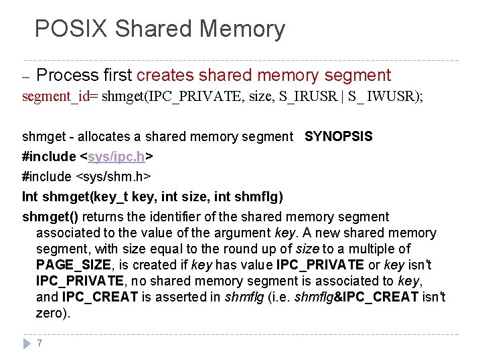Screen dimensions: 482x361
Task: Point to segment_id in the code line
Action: click(56, 96)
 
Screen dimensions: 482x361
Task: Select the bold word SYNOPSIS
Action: click(339, 136)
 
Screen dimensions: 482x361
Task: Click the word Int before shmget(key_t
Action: click(30, 197)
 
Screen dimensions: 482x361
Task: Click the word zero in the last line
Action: click(51, 313)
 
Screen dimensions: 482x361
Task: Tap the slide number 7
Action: click(40, 343)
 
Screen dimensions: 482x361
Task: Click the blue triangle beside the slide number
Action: click(26, 343)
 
